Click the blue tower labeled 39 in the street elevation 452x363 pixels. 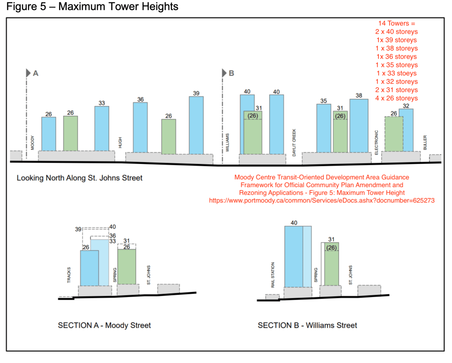pos(196,125)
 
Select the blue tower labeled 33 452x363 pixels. pos(101,128)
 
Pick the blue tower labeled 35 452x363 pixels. pos(324,128)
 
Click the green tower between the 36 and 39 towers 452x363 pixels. pos(169,136)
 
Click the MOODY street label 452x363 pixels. pos(33,143)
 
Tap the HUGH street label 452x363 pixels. pos(120,142)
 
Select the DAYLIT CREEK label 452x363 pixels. pos(294,143)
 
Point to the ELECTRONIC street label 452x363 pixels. pos(376,142)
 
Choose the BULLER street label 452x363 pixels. pos(425,143)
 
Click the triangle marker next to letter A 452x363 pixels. pos(28,73)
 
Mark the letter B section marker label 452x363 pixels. pos(231,73)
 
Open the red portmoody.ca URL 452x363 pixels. pos(322,200)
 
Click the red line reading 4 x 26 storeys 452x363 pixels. pos(396,98)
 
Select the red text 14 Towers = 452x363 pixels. pos(396,23)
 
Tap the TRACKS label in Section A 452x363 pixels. pos(69,275)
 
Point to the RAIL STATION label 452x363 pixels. pos(273,275)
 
